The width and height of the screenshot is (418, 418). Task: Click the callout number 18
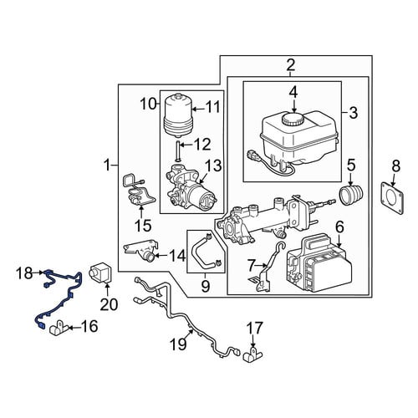click(x=25, y=273)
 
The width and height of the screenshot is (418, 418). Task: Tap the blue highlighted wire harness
click(x=69, y=295)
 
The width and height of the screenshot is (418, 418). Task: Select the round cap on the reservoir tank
click(x=293, y=120)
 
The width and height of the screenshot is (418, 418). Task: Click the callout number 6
click(x=339, y=227)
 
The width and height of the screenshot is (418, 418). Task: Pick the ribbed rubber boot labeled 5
click(x=351, y=195)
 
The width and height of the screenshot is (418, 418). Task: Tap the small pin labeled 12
click(x=178, y=151)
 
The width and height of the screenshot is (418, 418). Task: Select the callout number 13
click(x=213, y=166)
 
